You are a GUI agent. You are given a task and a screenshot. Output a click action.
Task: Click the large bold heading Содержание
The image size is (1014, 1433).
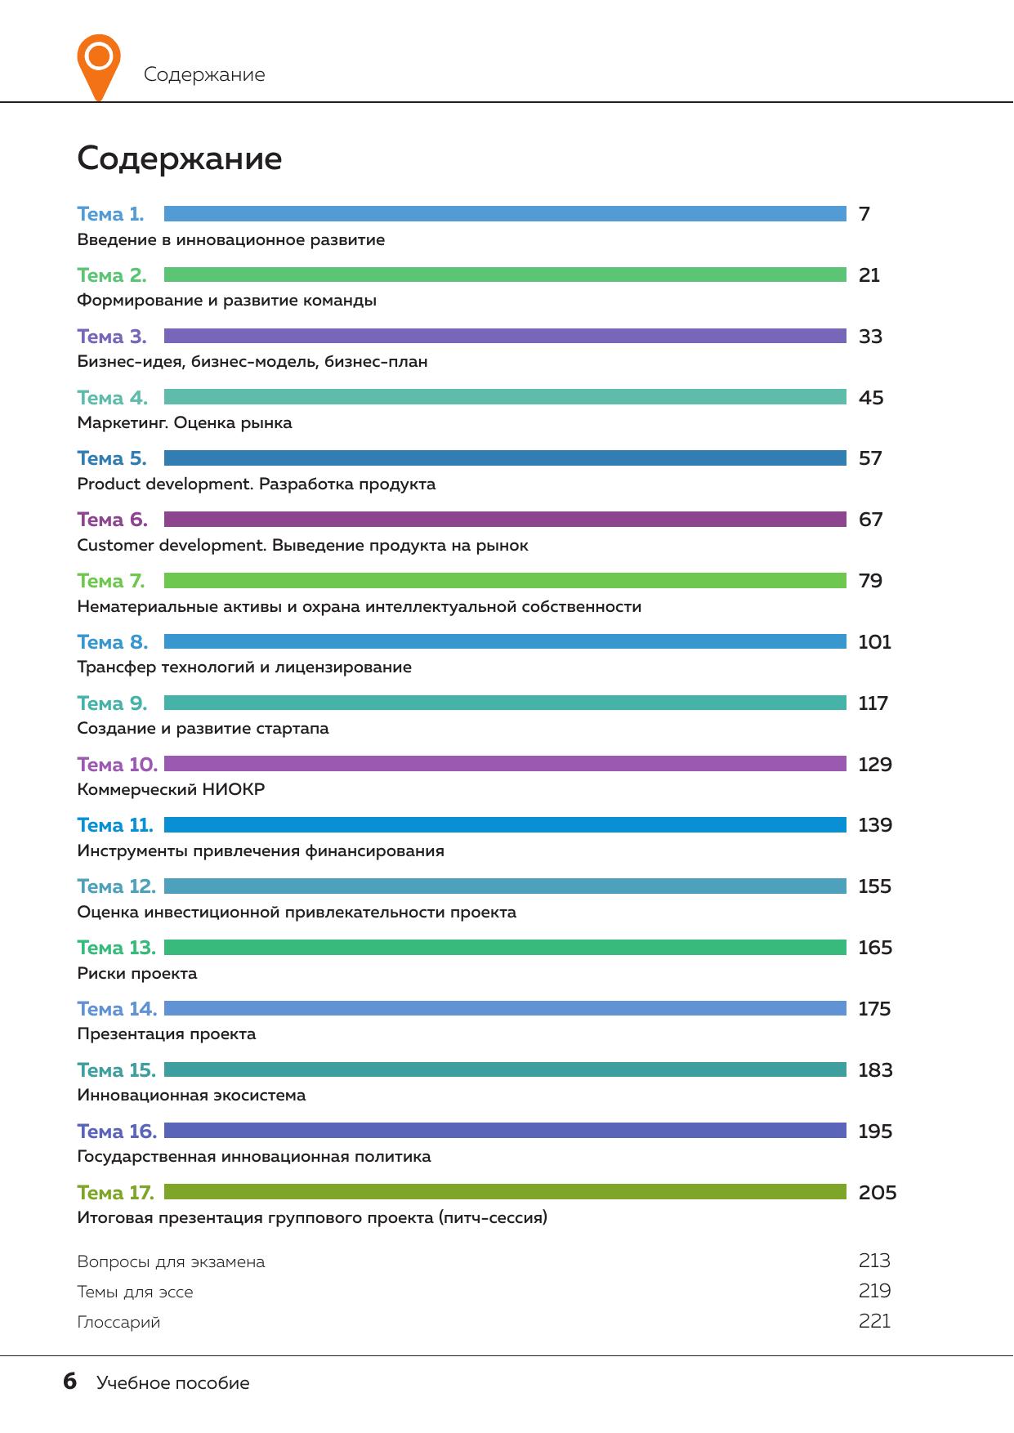coord(180,158)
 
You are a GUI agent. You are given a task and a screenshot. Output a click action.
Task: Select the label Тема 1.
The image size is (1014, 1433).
coord(110,214)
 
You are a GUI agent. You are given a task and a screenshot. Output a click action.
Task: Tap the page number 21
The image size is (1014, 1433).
coord(869,275)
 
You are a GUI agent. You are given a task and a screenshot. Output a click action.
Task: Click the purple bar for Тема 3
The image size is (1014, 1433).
coord(505,336)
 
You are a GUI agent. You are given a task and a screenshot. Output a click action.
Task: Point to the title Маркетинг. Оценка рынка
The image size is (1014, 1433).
coord(185,423)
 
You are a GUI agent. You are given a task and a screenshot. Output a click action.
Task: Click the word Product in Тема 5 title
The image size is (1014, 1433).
coord(109,484)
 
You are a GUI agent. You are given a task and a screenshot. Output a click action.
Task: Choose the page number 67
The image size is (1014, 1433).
coord(871,520)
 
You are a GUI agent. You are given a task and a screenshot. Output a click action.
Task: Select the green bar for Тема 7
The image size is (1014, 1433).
coord(505,581)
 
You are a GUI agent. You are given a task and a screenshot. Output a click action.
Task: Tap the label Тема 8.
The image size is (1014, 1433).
coord(113,642)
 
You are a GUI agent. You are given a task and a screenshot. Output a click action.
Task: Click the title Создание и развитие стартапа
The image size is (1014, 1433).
coord(203,729)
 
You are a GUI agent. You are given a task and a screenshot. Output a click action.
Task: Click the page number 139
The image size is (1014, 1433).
coord(875,825)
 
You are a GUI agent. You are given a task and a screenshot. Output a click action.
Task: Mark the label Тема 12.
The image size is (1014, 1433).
coord(116,886)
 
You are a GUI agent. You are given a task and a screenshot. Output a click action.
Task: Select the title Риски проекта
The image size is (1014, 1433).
coord(137,974)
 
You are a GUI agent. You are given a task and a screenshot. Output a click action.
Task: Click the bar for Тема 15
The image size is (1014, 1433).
coord(505,1069)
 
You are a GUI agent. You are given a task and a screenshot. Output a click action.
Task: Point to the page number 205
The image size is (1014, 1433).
coord(878,1193)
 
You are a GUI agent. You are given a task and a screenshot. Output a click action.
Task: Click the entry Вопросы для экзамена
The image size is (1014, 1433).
coord(171,1262)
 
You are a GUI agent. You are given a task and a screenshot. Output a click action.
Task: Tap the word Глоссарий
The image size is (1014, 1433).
coord(118,1323)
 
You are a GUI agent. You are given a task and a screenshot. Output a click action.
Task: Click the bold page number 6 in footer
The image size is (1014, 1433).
coord(70,1382)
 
